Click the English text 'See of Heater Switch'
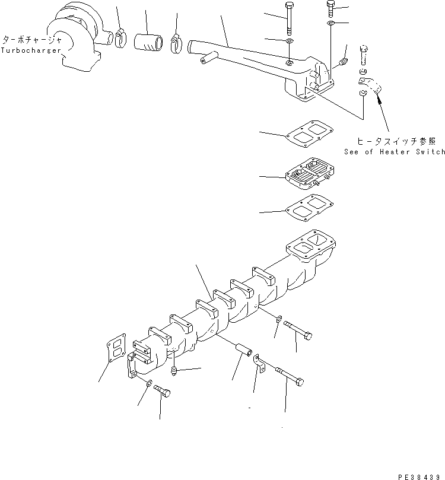click(394, 152)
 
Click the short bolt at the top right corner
click(330, 8)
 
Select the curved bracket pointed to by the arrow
click(369, 85)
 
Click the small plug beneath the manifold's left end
click(174, 371)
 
